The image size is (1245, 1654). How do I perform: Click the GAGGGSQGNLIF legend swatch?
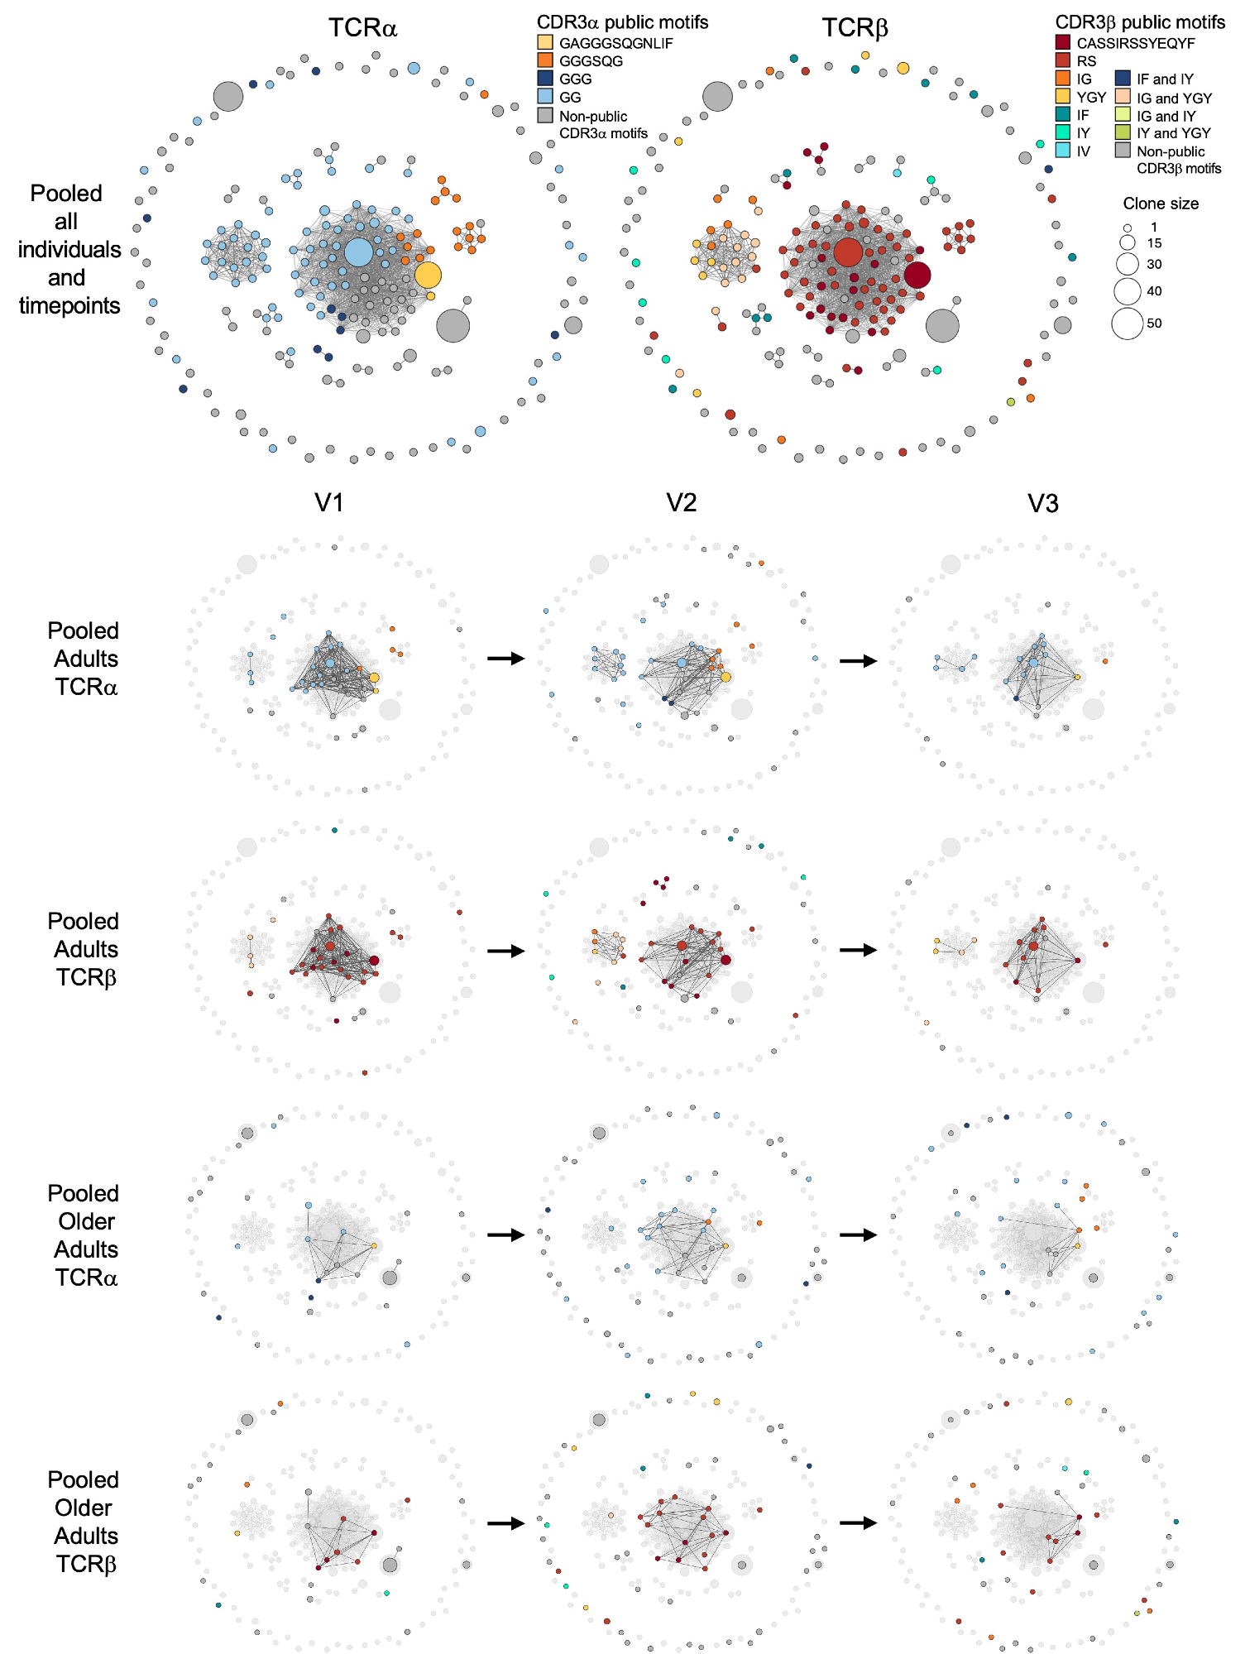(x=545, y=42)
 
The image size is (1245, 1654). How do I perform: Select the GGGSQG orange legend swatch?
(x=545, y=60)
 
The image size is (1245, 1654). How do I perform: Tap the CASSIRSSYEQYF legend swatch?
(x=1063, y=42)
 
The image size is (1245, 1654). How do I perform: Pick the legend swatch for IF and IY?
(x=1123, y=79)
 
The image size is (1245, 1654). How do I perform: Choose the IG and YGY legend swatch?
(x=1123, y=97)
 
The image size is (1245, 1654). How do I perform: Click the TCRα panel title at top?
(x=362, y=27)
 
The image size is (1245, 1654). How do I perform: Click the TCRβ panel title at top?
(x=855, y=27)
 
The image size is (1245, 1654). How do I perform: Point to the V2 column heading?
(x=682, y=502)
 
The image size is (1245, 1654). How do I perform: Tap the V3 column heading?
(x=1042, y=503)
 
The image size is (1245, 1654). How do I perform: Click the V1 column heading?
(x=329, y=502)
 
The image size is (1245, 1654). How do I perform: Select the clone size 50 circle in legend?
(x=1127, y=324)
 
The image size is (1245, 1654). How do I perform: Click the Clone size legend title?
(x=1160, y=204)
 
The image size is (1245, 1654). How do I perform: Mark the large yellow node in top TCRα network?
(x=428, y=276)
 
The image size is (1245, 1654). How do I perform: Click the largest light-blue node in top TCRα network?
(x=358, y=252)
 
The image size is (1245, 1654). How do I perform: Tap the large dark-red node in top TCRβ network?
(x=917, y=276)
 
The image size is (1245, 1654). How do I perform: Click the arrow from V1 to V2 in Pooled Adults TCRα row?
(x=505, y=659)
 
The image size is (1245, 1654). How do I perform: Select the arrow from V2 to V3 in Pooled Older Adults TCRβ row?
(x=858, y=1522)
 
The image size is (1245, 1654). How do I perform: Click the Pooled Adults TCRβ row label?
(x=84, y=949)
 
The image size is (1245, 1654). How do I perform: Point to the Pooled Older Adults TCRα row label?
(x=84, y=1235)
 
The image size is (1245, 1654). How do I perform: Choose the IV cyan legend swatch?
(x=1063, y=151)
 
